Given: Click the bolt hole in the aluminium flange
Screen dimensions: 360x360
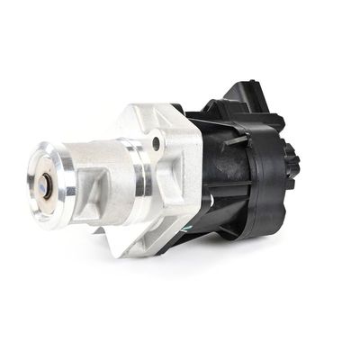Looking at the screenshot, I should pyautogui.click(x=157, y=143).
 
